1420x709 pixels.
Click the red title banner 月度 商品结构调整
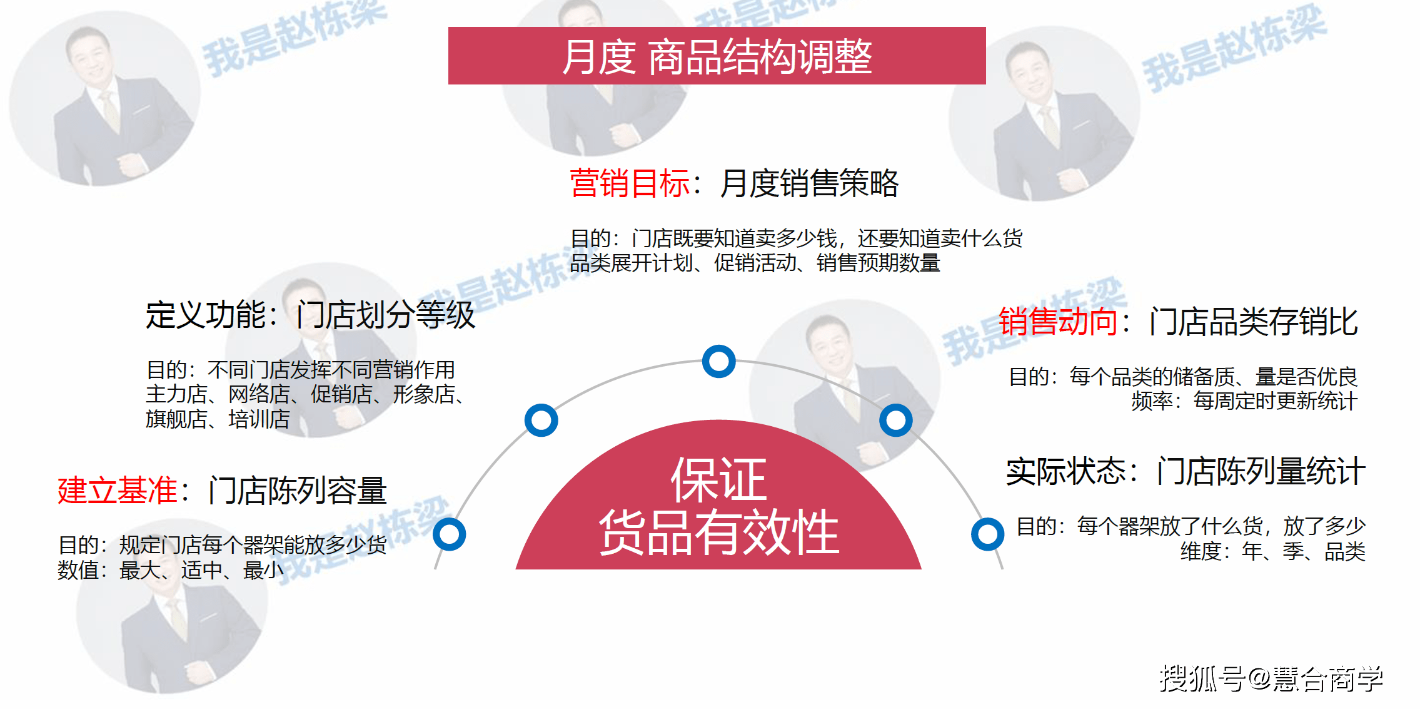pos(717,56)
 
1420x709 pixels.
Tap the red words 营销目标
pos(630,183)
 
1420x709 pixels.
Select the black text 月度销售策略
pos(809,183)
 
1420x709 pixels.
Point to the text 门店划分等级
pos(386,315)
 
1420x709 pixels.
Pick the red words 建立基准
pos(118,490)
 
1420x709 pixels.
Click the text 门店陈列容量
pos(298,490)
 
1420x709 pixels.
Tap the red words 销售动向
pos(1058,322)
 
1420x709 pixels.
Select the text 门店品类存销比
pos(1254,322)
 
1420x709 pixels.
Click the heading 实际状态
pos(1066,471)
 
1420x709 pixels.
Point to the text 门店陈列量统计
pos(1261,471)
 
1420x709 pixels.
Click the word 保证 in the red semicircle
pos(718,479)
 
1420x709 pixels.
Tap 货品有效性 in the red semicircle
pos(718,532)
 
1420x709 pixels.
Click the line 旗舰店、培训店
pos(218,419)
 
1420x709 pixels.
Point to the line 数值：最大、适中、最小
pos(171,570)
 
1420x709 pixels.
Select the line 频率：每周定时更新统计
pos(1244,400)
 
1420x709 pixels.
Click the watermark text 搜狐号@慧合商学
pos(1272,679)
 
